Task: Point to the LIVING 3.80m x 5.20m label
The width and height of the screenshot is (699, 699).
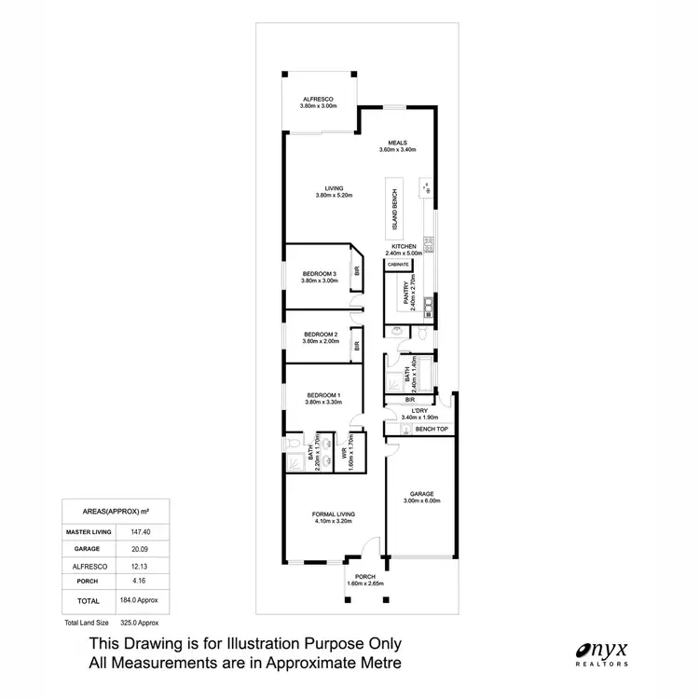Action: click(x=322, y=191)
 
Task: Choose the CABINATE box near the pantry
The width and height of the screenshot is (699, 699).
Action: click(x=398, y=265)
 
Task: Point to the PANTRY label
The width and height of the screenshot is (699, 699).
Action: click(x=406, y=296)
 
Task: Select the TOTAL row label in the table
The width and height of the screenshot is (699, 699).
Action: click(x=89, y=601)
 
